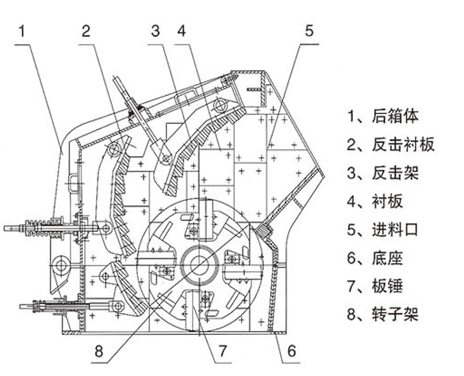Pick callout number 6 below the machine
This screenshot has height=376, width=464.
tap(292, 350)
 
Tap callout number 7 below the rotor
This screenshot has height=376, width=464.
tap(223, 350)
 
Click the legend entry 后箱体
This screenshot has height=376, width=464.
tap(383, 116)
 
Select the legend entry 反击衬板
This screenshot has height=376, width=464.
tap(391, 144)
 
